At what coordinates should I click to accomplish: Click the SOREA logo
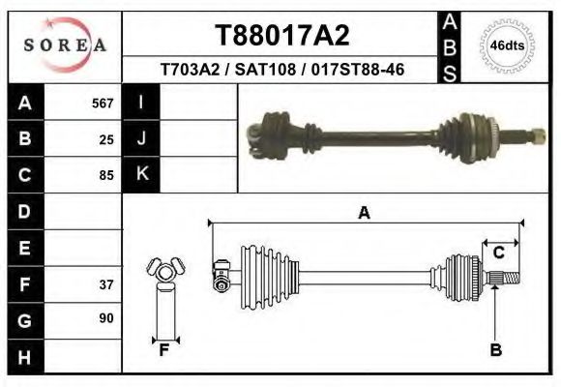(66, 46)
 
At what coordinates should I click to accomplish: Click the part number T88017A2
(281, 37)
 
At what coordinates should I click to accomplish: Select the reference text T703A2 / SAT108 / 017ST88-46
(281, 70)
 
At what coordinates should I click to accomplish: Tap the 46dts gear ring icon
(507, 45)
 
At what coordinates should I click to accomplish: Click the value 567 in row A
(103, 104)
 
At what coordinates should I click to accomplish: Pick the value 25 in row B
(106, 139)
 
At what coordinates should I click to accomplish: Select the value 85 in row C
(106, 176)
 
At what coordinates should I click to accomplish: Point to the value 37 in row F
(106, 284)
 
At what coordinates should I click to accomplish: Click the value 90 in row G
(106, 318)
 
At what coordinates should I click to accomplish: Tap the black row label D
(24, 211)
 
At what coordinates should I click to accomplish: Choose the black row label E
(24, 248)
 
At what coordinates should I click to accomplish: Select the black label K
(141, 174)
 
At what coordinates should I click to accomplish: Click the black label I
(141, 103)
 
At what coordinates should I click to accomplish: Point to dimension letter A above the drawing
(365, 214)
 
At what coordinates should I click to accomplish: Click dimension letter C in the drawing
(499, 253)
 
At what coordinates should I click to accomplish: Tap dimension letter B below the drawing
(496, 350)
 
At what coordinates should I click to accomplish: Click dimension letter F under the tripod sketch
(164, 350)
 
